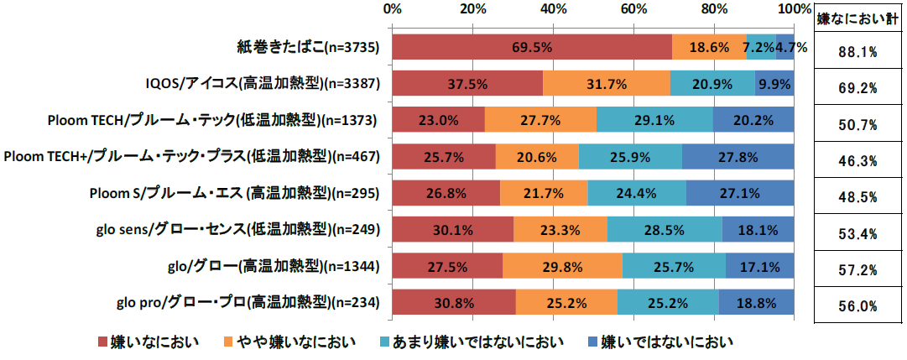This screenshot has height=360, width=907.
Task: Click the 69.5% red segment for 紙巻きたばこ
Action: (x=532, y=47)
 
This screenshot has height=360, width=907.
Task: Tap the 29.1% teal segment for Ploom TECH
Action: (x=654, y=120)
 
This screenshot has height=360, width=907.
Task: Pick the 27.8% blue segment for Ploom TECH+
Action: (x=738, y=156)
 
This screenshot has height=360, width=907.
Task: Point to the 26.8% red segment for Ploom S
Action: (x=446, y=193)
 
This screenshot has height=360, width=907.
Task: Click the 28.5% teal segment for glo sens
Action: (x=665, y=229)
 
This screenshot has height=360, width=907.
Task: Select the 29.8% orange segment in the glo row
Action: (x=562, y=266)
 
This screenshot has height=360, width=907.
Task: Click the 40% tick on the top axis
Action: (x=552, y=9)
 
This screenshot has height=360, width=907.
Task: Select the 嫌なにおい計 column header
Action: (x=858, y=18)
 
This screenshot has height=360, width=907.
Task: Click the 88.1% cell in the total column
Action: (x=858, y=52)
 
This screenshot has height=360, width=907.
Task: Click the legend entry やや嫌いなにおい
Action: (x=289, y=342)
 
